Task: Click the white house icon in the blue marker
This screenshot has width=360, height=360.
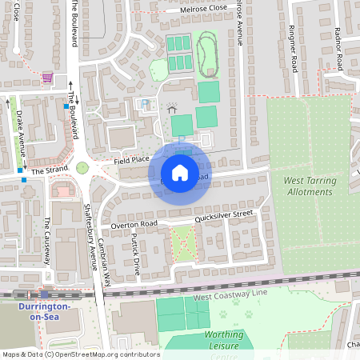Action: coord(180,173)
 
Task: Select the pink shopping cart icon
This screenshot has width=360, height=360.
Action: coord(47,78)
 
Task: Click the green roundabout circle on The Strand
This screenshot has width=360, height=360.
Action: coord(82,168)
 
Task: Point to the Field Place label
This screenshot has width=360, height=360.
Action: coord(131,160)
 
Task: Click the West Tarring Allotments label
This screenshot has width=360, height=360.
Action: coord(308,186)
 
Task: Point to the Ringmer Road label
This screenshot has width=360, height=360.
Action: coord(292,47)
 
